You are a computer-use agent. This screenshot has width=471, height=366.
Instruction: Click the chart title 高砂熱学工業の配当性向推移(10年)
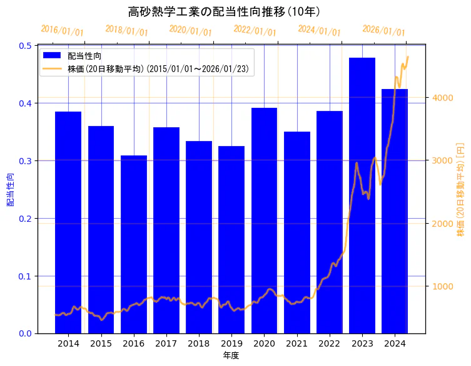[x=224, y=12]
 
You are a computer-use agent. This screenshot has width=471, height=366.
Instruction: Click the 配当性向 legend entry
[x=84, y=56]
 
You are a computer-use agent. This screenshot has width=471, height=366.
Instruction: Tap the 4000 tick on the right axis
[x=441, y=98]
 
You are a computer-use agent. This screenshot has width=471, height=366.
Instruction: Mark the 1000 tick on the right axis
[x=441, y=286]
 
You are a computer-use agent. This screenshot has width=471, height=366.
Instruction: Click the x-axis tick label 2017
[x=166, y=343]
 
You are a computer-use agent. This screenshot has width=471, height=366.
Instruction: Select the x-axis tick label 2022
[x=330, y=343]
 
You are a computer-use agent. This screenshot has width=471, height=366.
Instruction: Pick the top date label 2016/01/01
[x=62, y=30]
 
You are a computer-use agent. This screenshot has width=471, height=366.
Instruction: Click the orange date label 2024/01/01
[x=319, y=30]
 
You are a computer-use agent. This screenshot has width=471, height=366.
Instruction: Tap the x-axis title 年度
[x=231, y=355]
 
